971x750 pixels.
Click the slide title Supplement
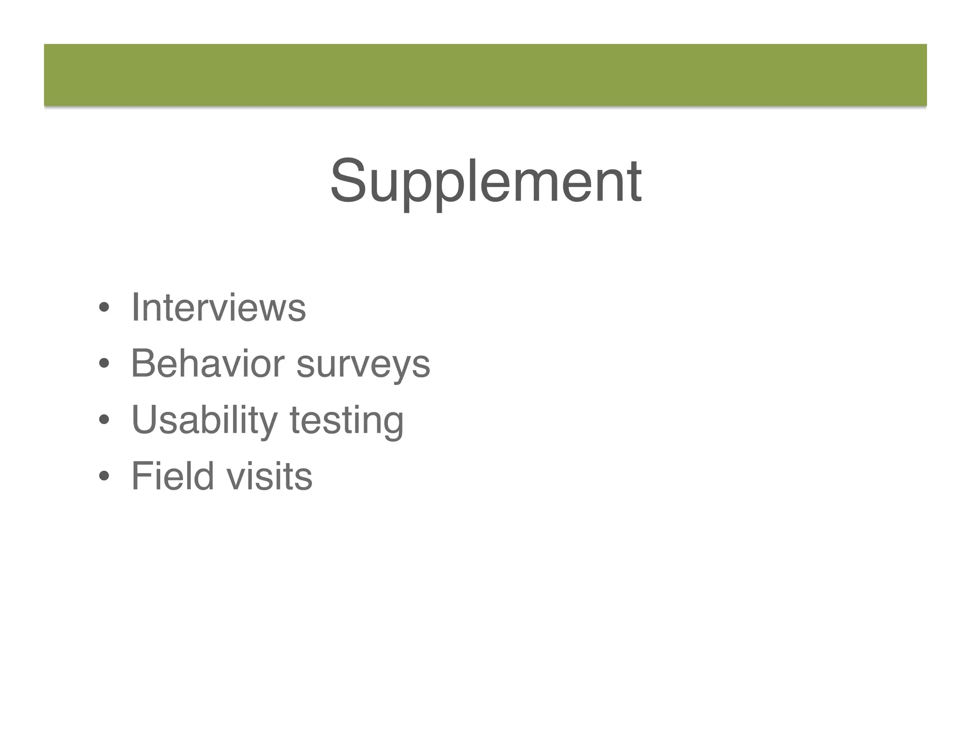[485, 181]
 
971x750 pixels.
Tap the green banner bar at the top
[485, 74]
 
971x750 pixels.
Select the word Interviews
[219, 308]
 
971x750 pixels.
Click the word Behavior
[207, 364]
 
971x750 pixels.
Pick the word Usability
[204, 420]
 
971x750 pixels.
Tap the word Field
[173, 476]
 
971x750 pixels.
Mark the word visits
[269, 476]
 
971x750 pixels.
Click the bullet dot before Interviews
[104, 308]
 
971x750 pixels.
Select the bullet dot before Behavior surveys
[104, 364]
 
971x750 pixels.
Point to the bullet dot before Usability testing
[104, 420]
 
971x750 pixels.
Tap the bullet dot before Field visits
[104, 476]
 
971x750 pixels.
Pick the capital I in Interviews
[135, 307]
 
